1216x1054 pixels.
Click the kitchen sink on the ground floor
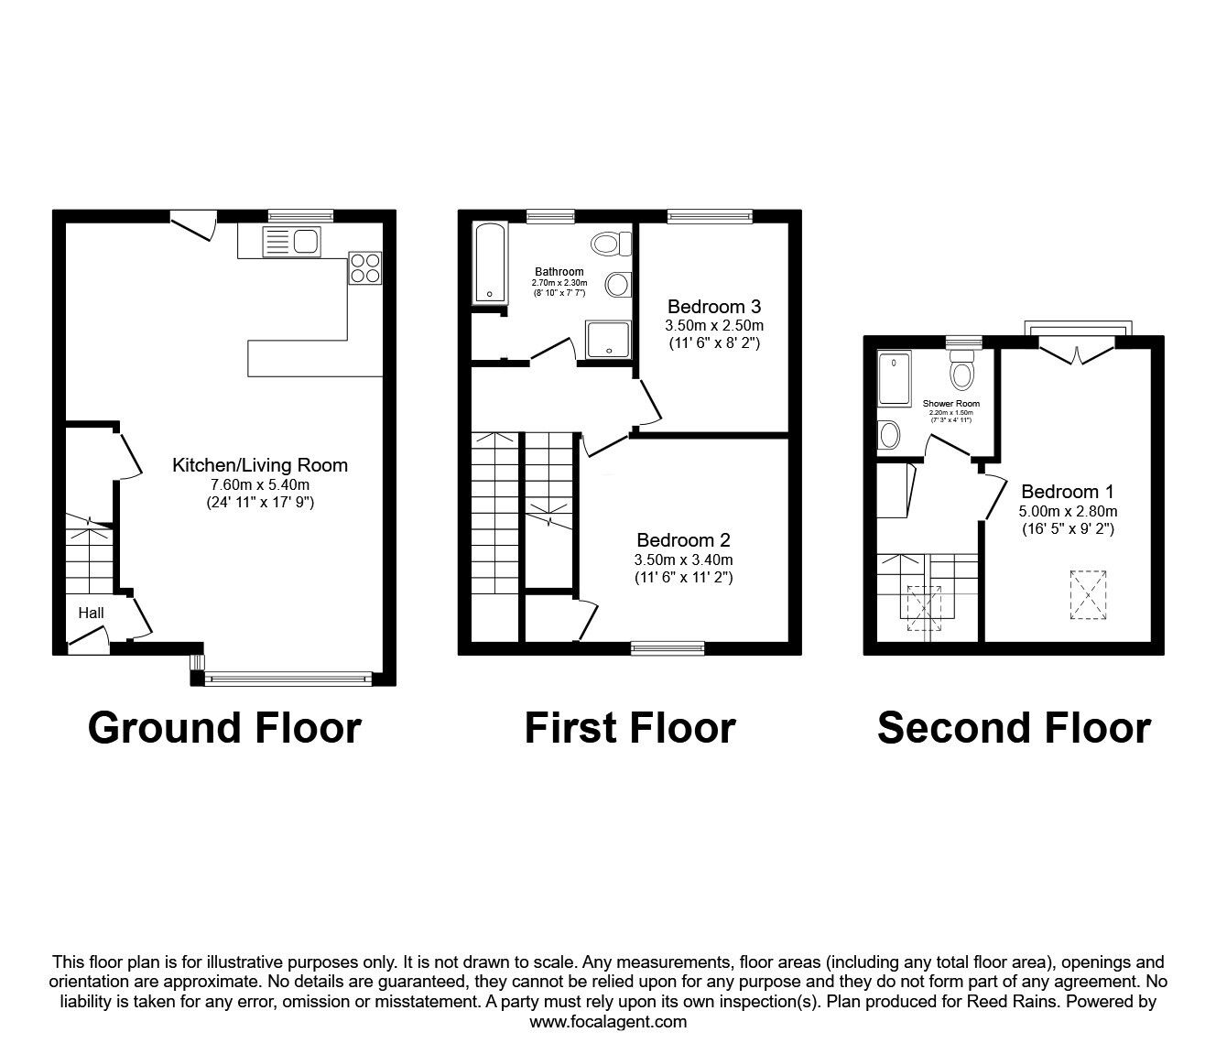point(290,242)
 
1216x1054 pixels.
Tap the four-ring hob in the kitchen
point(365,267)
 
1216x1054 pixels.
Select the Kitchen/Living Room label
point(260,465)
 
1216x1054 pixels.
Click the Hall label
point(91,614)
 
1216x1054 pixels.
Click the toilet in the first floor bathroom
point(611,244)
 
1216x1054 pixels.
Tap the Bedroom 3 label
point(714,306)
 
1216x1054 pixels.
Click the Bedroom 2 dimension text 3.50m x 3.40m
point(683,560)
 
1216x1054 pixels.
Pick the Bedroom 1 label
point(1068,492)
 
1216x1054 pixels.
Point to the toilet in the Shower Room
point(961,371)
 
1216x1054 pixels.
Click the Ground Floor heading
point(224,728)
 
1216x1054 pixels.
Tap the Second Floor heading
point(1014,728)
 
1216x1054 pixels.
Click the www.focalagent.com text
point(608,1022)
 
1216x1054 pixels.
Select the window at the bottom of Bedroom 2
point(668,648)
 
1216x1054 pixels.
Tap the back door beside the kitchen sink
point(195,225)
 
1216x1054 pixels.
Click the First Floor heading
point(630,728)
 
